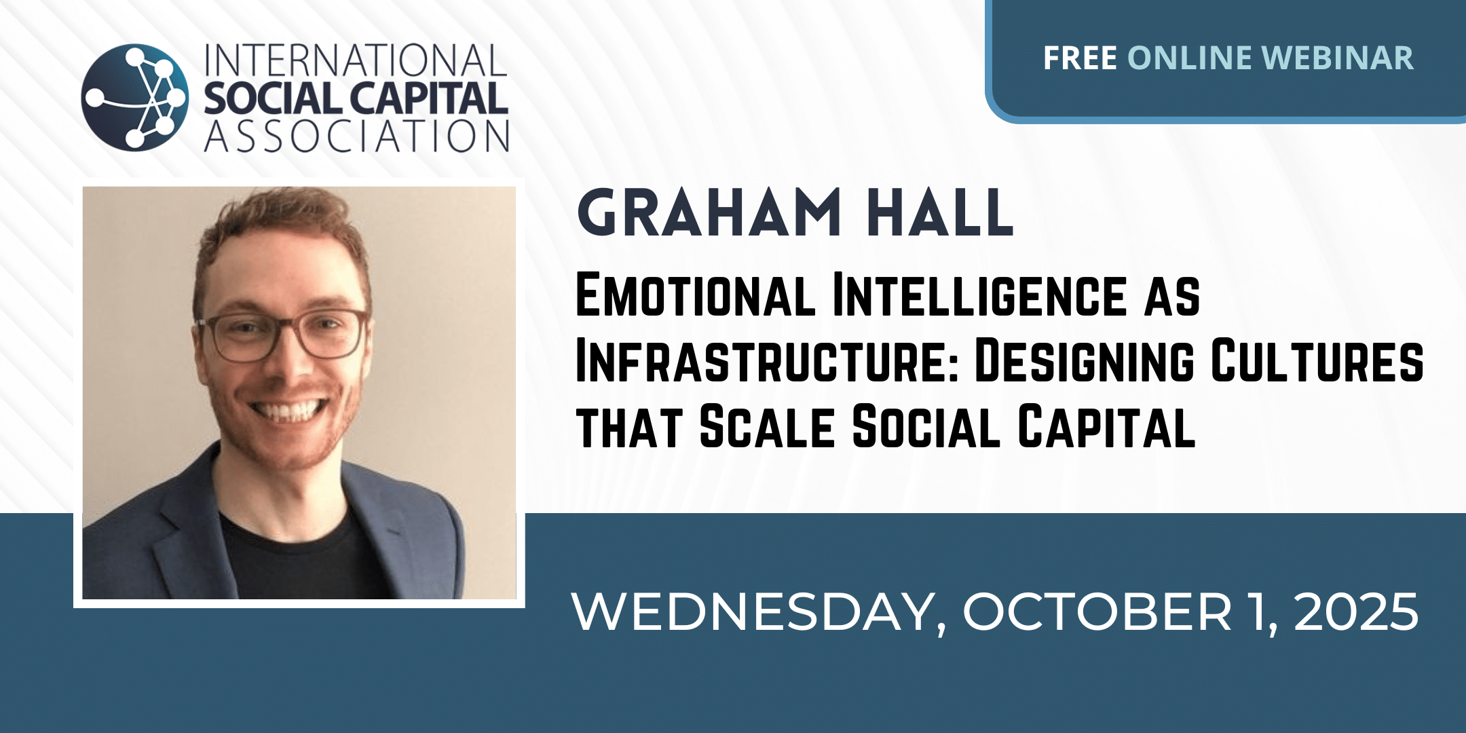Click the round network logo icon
135,97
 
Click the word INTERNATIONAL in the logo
356,60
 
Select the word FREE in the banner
1080,58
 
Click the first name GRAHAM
709,212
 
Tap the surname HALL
941,212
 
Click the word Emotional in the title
695,295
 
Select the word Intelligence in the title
979,295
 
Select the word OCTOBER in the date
1097,612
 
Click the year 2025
1356,612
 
